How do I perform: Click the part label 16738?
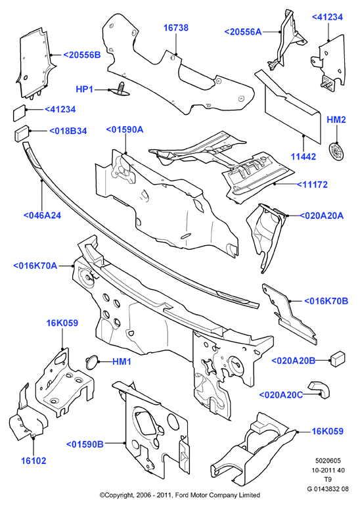tap(176, 28)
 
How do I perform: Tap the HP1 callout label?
tap(85, 89)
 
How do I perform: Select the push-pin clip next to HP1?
tap(120, 90)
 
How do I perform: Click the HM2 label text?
tap(336, 120)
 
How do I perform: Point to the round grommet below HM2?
tap(336, 151)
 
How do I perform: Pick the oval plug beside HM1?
tap(91, 361)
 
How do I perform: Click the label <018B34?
tap(68, 131)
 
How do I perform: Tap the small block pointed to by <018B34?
tap(22, 133)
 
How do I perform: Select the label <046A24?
tap(42, 216)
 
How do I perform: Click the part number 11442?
tap(304, 157)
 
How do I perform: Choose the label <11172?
tap(312, 185)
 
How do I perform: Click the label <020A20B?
tap(293, 361)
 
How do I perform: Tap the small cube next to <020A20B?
tap(338, 358)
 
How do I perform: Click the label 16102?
tap(34, 461)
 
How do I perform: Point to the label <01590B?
tap(85, 444)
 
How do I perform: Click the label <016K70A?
tap(35, 266)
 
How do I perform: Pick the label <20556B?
tap(81, 55)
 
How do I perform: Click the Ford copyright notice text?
tap(180, 495)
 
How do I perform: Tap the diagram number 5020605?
tap(328, 461)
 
